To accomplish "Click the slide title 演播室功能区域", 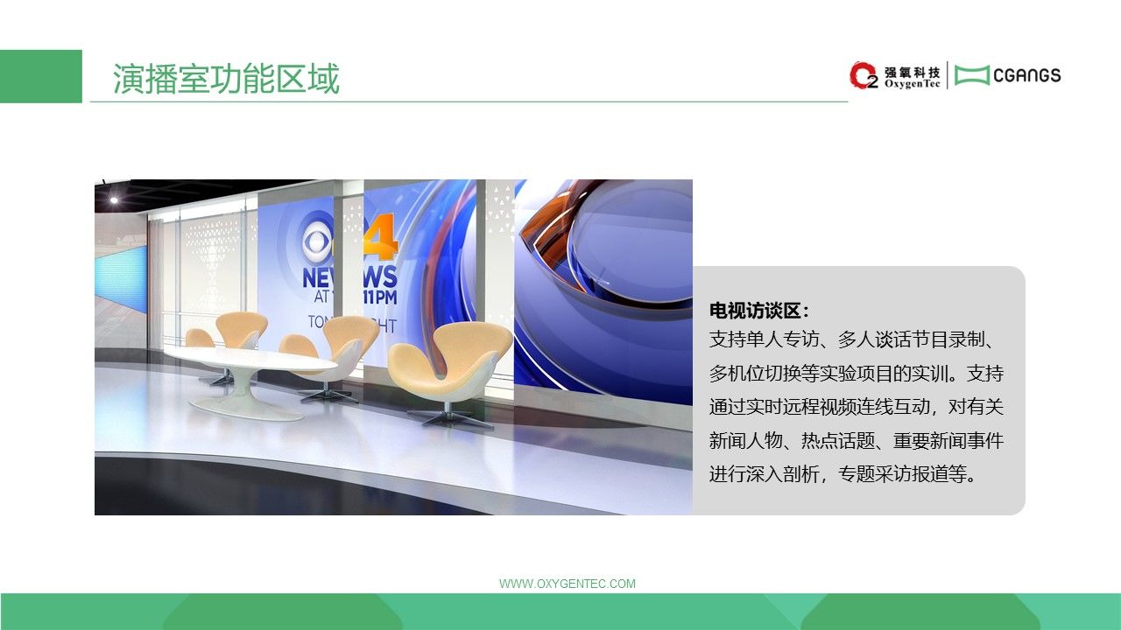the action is click(226, 79).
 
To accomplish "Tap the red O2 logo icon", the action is click(864, 75).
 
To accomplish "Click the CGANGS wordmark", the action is click(1027, 75).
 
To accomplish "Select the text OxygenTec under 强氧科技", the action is click(913, 84).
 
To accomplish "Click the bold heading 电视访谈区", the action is click(755, 311).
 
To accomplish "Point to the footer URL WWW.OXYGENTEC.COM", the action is click(567, 584).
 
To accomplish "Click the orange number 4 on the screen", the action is click(381, 238).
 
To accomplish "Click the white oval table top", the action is click(250, 359).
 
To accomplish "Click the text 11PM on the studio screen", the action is click(380, 297).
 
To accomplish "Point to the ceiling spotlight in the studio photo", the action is click(114, 200).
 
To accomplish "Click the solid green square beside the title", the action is click(41, 76).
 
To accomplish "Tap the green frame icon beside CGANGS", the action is click(972, 75).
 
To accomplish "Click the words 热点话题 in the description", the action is click(838, 440).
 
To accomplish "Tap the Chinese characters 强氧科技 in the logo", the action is click(913, 72).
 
